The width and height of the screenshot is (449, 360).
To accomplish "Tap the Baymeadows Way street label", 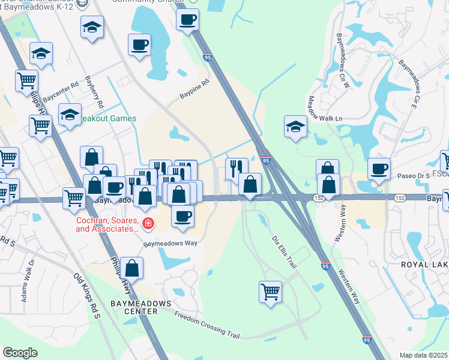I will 170,244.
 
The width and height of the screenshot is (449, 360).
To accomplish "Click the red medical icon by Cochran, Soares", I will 148,224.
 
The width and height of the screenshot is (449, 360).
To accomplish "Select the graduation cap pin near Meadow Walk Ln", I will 295,126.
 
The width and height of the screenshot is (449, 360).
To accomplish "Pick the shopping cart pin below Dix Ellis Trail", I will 271,292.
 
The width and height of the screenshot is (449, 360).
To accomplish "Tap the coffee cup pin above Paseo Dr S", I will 378,169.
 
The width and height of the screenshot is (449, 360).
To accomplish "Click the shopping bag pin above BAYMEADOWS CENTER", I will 131,268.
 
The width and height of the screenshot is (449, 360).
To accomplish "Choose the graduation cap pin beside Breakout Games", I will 70,114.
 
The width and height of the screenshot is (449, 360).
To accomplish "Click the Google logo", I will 20,353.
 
